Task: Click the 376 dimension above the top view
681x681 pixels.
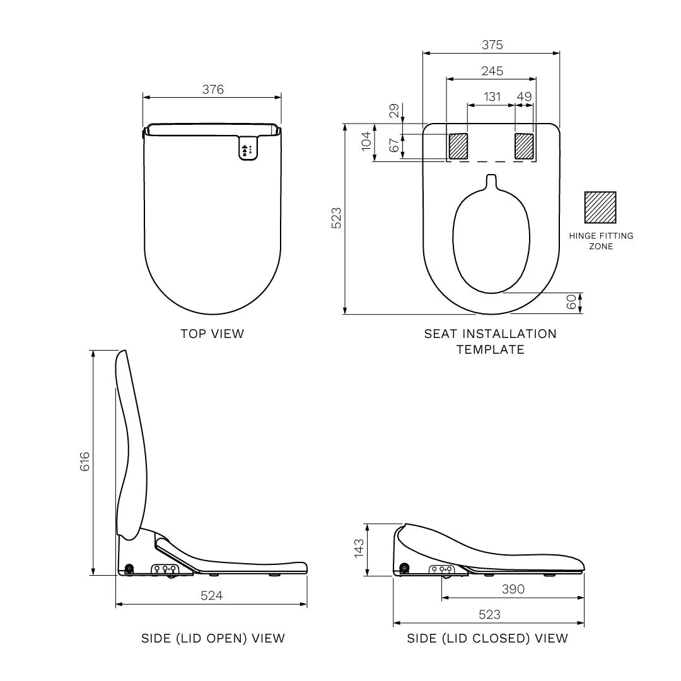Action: (212, 90)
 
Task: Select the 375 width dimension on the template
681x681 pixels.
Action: (492, 45)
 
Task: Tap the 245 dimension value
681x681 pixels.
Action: (492, 71)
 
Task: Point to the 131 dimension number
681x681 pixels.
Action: (492, 96)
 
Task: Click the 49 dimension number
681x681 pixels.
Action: (524, 96)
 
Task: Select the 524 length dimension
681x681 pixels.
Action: (211, 595)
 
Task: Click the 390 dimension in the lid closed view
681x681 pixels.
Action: (513, 589)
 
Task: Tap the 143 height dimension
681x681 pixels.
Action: (359, 548)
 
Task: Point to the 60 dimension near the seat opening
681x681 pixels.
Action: (572, 302)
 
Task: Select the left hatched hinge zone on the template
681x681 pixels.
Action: (458, 146)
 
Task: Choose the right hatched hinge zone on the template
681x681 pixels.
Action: (524, 146)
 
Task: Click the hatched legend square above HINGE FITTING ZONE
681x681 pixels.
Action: (600, 207)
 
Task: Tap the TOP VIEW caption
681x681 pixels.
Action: (212, 334)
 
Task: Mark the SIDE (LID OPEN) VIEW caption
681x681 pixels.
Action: (213, 638)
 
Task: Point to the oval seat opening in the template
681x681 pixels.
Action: (491, 243)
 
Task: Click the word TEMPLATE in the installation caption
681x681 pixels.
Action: (491, 349)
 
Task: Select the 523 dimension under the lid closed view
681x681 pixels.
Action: (489, 615)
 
